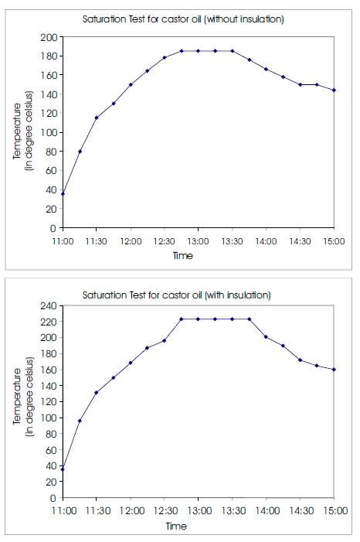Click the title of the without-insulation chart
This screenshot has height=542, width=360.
tap(183, 19)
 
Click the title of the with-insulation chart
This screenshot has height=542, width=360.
tap(177, 295)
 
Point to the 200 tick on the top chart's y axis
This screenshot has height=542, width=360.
tap(49, 37)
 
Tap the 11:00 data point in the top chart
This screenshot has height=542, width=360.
tap(63, 194)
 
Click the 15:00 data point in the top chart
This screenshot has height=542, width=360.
tap(334, 90)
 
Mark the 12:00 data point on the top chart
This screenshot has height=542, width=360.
tap(131, 84)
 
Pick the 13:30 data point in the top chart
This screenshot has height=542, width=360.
tap(233, 51)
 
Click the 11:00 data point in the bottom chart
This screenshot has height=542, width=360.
tap(63, 469)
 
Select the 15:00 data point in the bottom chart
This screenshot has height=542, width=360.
tap(334, 370)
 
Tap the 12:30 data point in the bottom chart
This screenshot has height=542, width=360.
tap(164, 341)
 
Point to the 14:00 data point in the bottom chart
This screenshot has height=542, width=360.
tap(266, 336)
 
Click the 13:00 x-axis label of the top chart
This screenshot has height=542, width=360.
tap(198, 241)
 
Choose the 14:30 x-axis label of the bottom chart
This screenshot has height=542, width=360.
tap(301, 510)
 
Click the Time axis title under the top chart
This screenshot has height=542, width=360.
tap(183, 256)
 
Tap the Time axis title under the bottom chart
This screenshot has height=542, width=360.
tap(176, 526)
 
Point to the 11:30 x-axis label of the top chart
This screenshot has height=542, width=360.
tap(96, 241)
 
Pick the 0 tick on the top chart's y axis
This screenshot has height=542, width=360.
tap(53, 228)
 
